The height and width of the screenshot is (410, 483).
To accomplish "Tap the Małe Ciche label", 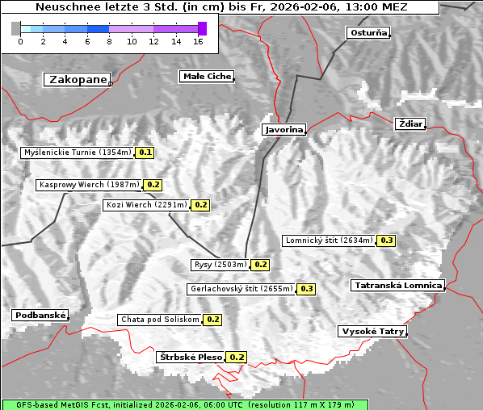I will pos(206,77).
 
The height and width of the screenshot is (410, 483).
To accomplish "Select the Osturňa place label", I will pos(368,33).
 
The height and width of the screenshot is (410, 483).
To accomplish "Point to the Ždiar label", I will pos(409,123).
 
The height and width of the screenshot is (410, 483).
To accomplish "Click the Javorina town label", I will pos(283,129).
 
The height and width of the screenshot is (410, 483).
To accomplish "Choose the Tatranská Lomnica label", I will pos(398,285).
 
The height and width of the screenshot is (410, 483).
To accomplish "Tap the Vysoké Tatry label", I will pos(372,331).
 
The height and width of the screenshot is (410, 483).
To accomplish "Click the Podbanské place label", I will pos(40,316).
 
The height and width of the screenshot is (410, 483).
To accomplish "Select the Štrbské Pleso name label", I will pos(190,357).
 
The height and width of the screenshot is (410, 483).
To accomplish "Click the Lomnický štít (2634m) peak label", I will pos(329,240).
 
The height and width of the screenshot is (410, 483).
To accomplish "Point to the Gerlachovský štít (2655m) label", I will pos(241,288).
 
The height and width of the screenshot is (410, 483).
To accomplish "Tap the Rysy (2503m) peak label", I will pos(219,264).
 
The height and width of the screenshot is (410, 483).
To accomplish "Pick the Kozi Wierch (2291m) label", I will pos(147,205).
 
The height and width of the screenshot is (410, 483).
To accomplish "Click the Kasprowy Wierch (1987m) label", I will pos(89,185).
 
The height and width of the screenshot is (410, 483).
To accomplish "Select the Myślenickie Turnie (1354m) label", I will pos(77,152).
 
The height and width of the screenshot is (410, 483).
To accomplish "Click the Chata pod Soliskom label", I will pos(159,319).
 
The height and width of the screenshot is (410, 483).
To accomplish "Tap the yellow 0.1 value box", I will pos(145,152).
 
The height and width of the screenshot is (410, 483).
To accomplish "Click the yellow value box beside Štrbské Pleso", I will pos(237,357).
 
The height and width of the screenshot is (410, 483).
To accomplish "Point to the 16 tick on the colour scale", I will pos(198,41).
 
